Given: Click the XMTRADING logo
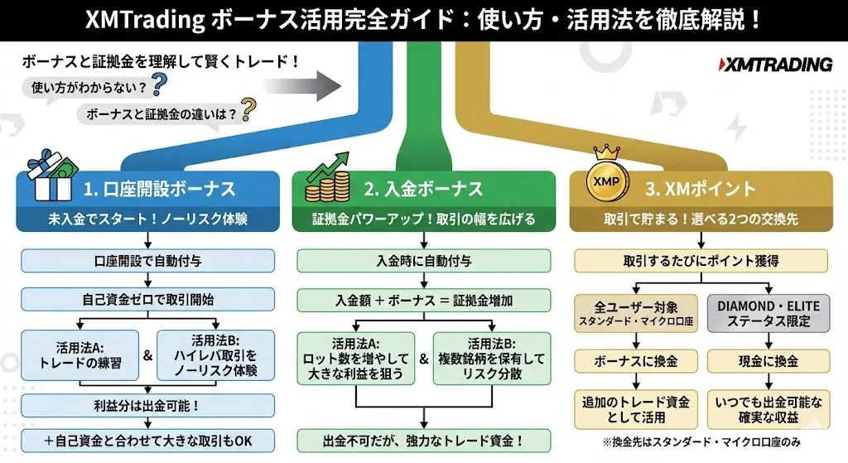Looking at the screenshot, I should [775, 65].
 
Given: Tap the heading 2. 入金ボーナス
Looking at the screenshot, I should [423, 189].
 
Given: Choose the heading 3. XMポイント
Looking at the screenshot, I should [701, 189].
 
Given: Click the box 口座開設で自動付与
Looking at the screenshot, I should [147, 260].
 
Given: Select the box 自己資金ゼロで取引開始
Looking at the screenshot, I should [147, 299].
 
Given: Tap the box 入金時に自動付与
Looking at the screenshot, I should [424, 260].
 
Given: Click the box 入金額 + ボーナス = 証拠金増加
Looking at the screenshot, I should [424, 300].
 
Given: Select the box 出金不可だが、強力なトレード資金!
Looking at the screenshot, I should [424, 441].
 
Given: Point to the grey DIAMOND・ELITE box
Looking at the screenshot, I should [768, 313].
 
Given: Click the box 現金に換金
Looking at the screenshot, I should [768, 361].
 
